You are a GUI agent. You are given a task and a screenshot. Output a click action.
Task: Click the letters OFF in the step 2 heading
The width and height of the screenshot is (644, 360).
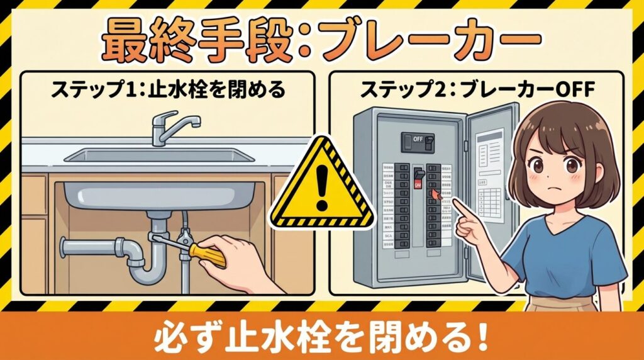point(572,90)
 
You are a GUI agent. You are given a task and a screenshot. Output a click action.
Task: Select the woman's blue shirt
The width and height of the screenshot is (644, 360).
point(566,252)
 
